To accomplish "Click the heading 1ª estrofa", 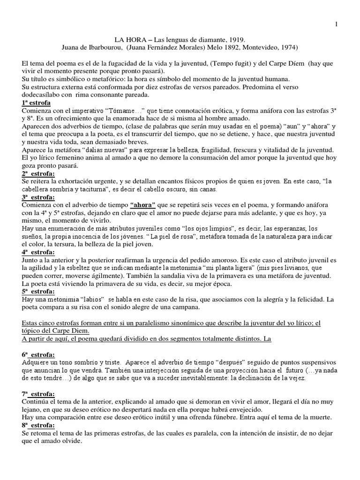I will click(x=36, y=102).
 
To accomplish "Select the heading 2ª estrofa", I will click(x=38, y=173).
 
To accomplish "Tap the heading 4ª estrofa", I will click(x=38, y=252).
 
